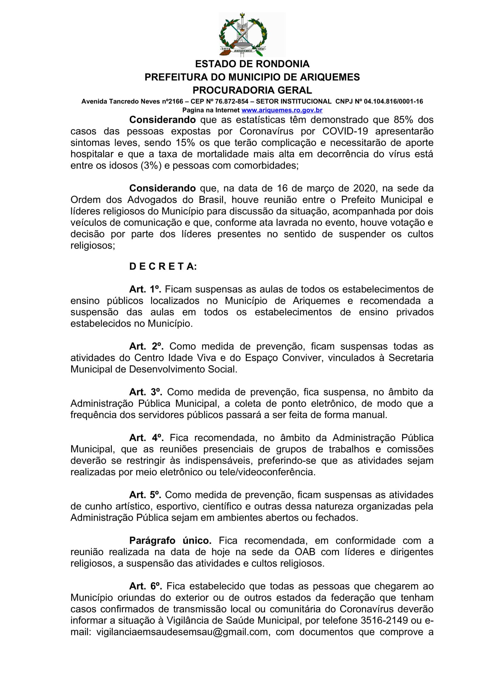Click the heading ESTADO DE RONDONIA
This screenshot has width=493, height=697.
click(x=252, y=64)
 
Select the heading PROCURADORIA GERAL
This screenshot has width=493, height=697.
click(x=252, y=90)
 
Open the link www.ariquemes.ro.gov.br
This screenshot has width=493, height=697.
click(x=282, y=110)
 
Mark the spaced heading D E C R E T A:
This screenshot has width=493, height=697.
click(x=163, y=266)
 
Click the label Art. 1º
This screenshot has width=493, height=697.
click(x=145, y=289)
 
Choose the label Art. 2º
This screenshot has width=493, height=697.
click(x=146, y=346)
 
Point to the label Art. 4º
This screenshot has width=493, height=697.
click(x=146, y=438)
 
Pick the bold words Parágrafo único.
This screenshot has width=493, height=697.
click(x=170, y=541)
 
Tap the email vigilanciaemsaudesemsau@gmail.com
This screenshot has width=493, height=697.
click(x=182, y=632)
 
